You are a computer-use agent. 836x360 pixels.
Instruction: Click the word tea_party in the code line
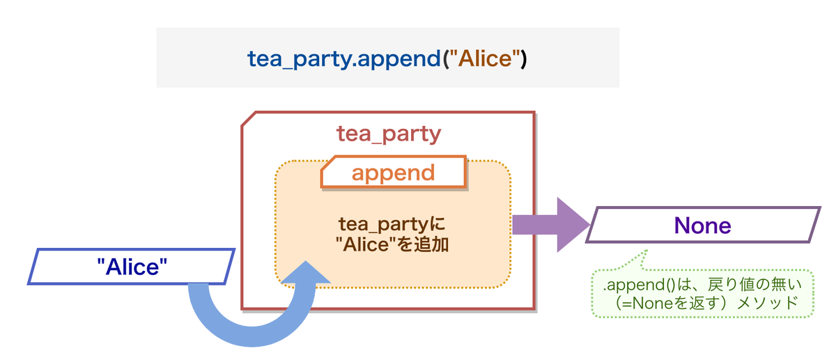coord(300,59)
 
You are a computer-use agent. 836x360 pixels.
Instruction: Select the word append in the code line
coord(399,59)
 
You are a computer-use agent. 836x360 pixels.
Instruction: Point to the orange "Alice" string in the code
coord(485,58)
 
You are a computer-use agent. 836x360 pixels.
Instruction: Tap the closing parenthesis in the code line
coord(524,59)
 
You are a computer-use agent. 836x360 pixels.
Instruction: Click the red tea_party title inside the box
coord(389,134)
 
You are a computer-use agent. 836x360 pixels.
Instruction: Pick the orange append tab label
coord(394,173)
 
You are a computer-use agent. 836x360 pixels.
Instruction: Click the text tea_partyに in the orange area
coord(392,225)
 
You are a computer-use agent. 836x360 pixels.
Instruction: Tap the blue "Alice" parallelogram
coord(132,267)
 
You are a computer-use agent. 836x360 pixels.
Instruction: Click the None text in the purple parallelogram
coord(702,226)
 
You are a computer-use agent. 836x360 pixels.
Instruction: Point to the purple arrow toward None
coord(551,225)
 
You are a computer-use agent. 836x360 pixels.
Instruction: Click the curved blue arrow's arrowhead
coord(306,272)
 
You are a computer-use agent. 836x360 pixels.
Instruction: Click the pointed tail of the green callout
coord(647,251)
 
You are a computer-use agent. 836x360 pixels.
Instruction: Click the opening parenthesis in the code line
coord(446,59)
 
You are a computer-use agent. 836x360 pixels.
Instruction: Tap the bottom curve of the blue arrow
coord(252,336)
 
